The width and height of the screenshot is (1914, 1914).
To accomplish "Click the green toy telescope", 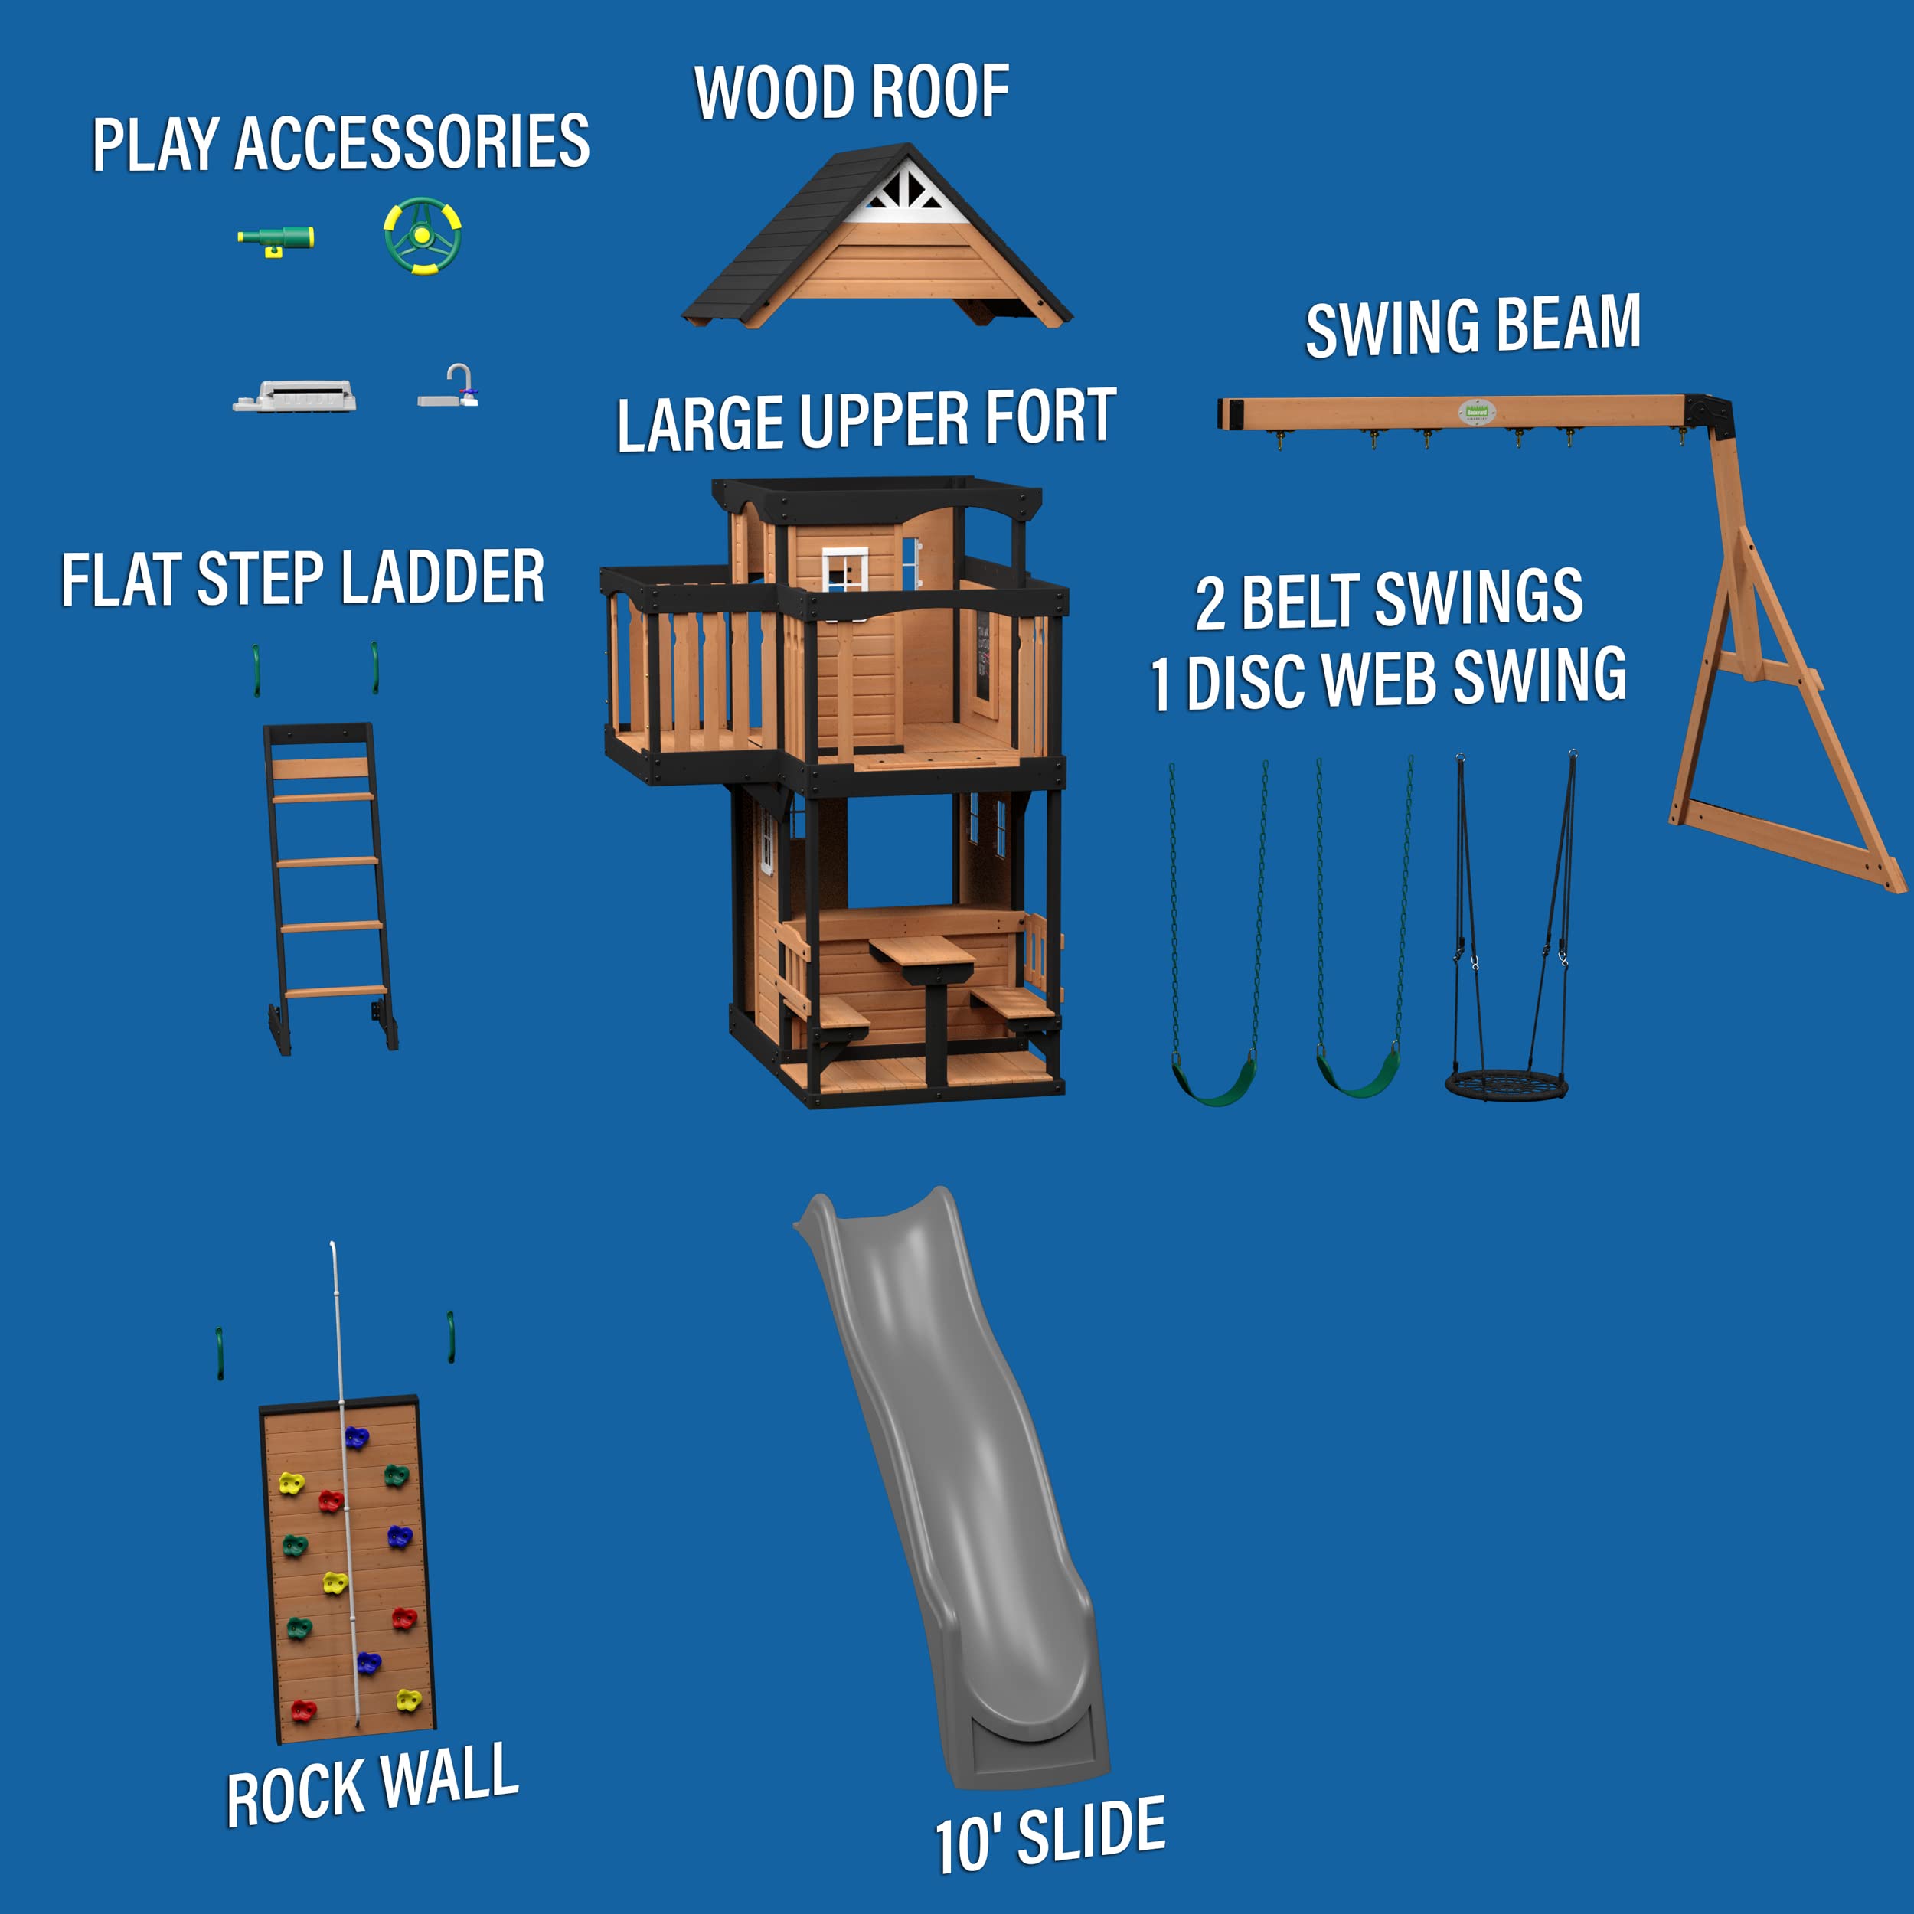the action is click(x=276, y=239).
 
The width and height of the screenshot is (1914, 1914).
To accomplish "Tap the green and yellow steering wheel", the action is click(x=422, y=236).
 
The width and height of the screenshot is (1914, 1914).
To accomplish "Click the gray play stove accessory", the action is click(x=294, y=397).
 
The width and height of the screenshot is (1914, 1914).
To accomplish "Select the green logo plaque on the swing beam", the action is click(x=1477, y=411).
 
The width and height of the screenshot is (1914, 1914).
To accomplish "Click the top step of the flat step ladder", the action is click(x=320, y=769).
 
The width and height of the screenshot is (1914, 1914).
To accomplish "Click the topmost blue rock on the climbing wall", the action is click(x=356, y=1436).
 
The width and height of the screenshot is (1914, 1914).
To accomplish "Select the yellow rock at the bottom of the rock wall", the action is click(x=408, y=1700).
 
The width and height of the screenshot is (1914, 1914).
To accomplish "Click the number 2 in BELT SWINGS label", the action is click(x=1210, y=604).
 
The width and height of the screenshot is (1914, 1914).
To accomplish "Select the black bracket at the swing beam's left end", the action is click(x=1230, y=413).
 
